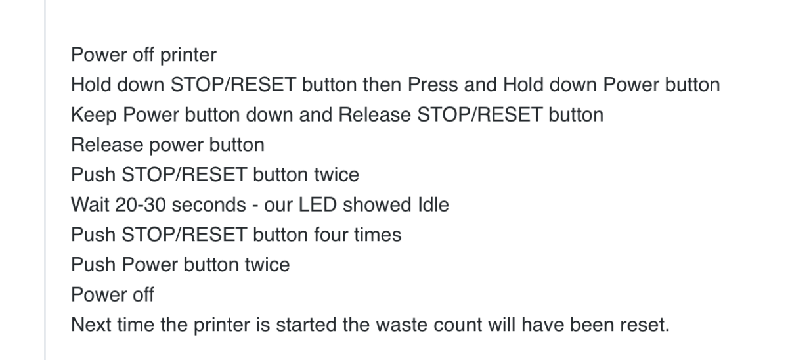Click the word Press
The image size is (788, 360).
click(433, 85)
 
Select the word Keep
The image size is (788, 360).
click(93, 116)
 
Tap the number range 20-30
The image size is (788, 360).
click(141, 204)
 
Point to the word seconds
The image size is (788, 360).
click(209, 204)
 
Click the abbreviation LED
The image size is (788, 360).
click(318, 204)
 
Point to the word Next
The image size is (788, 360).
click(91, 325)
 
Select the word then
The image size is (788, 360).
click(382, 85)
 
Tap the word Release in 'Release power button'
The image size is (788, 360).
click(107, 145)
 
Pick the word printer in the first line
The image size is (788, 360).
click(188, 55)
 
